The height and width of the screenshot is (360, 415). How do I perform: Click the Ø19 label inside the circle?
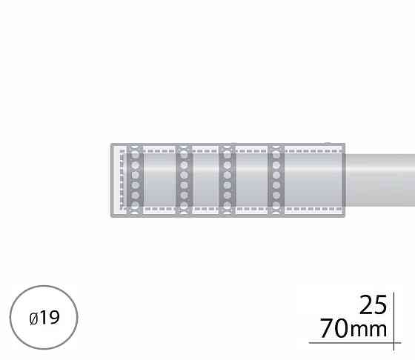[44, 318]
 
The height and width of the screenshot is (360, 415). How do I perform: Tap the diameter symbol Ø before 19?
[33, 319]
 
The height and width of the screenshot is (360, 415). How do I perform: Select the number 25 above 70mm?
[373, 305]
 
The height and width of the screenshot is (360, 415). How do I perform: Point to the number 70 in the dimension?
[334, 328]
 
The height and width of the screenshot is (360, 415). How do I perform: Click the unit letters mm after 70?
[368, 330]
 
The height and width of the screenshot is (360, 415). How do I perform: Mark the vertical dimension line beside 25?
[394, 321]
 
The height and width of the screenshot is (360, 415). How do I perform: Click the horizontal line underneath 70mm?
[355, 343]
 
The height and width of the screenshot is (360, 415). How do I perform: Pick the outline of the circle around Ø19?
[10, 318]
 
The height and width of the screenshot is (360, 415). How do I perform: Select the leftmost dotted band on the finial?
[135, 180]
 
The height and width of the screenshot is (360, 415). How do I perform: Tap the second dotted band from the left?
[184, 180]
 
